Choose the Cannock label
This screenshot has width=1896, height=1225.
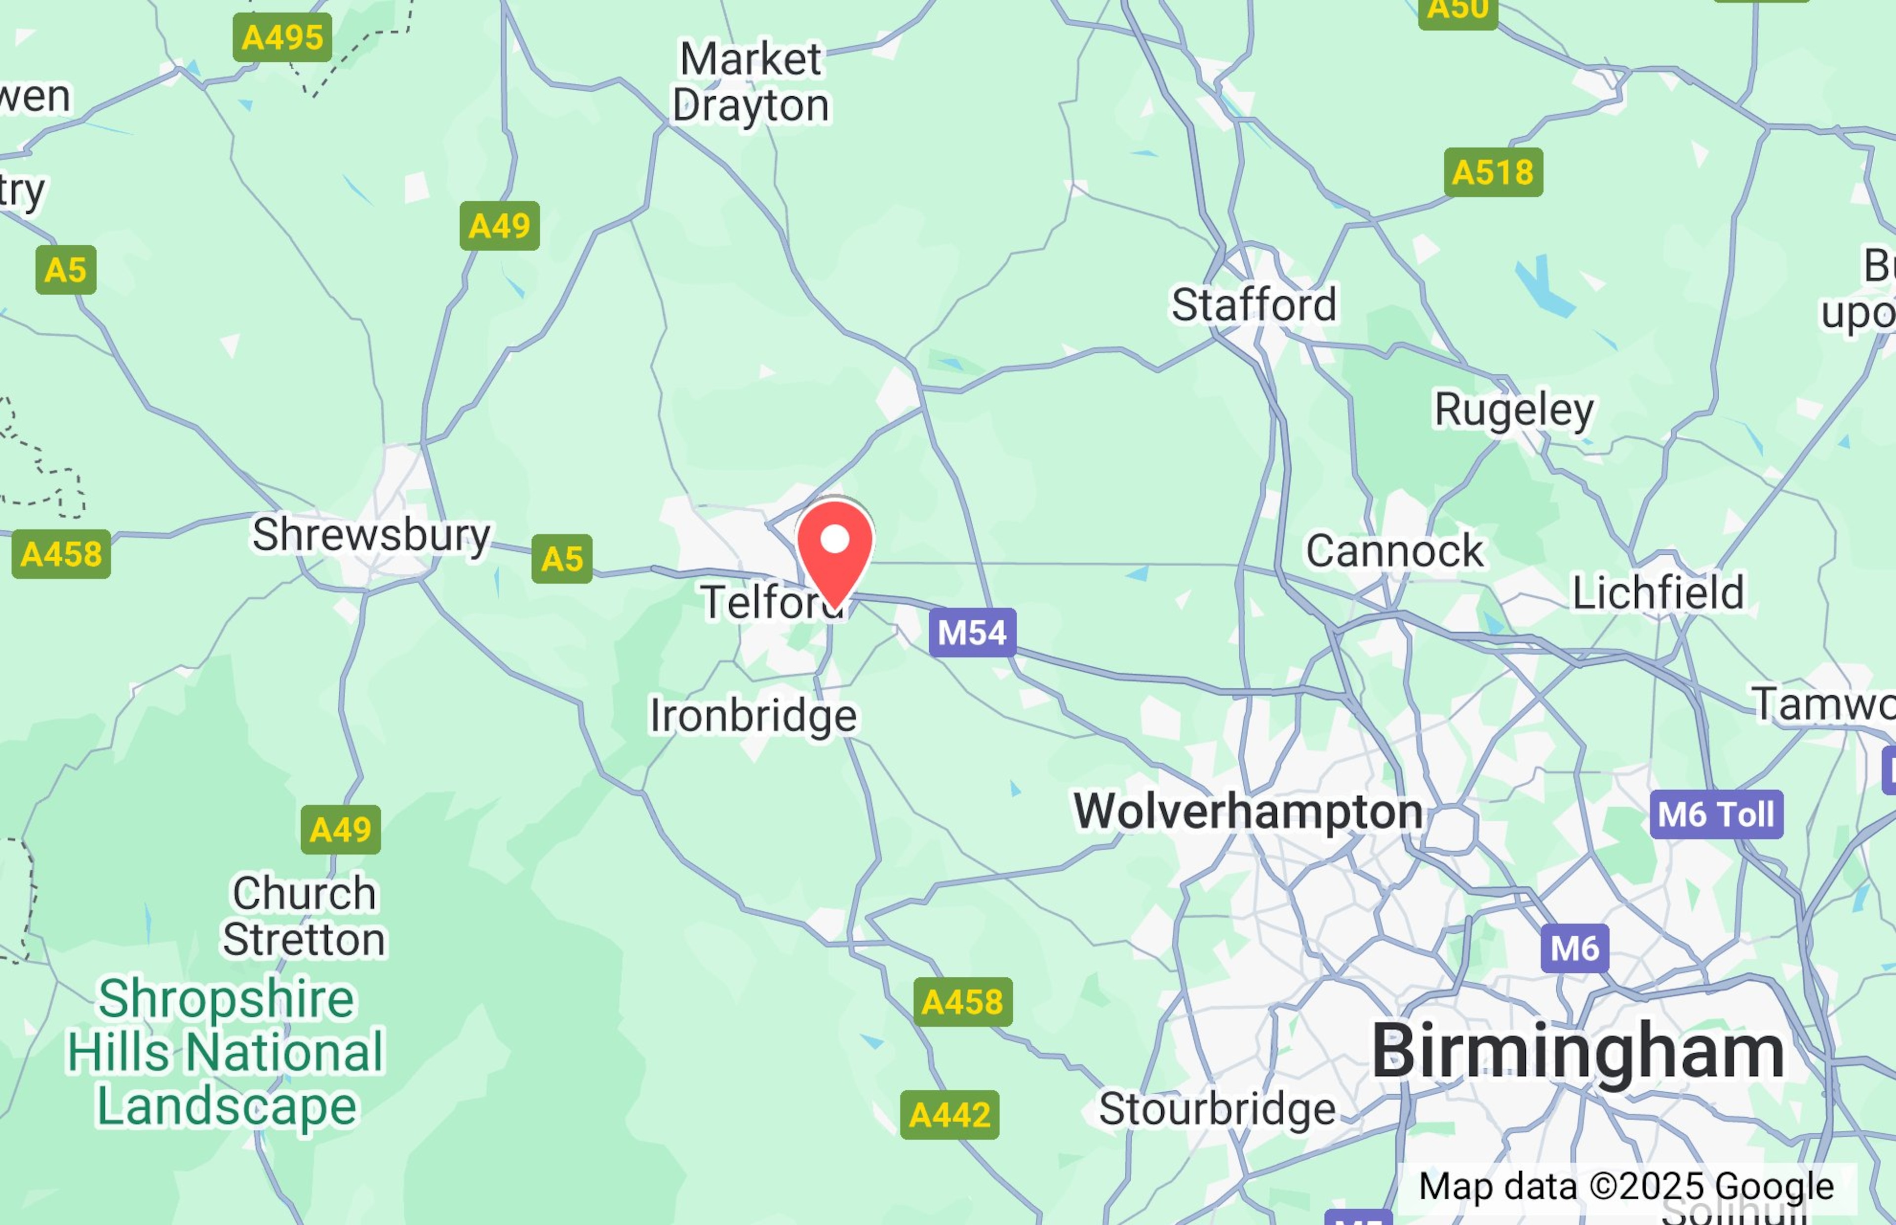click(1395, 550)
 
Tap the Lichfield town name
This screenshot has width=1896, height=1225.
click(1658, 593)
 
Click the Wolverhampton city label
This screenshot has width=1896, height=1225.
click(1248, 811)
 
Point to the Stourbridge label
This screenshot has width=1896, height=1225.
click(1217, 1109)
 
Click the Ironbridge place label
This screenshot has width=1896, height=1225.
click(752, 716)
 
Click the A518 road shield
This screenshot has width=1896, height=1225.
click(1493, 172)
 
